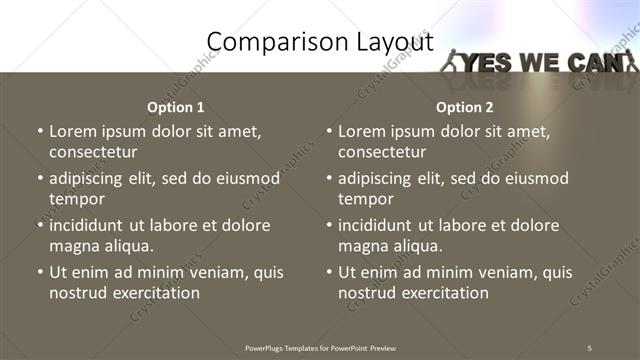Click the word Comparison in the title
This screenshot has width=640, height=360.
[x=268, y=42]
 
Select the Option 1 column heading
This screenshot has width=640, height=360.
[x=175, y=107]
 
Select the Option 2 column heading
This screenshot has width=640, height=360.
[x=464, y=107]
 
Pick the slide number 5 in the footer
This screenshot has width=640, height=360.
[x=590, y=347]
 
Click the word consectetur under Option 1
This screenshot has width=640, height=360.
[x=93, y=152]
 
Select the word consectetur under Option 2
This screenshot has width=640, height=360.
[x=382, y=152]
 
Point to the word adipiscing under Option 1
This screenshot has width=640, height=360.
[x=89, y=178]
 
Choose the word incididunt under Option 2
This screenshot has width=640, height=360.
[x=379, y=225]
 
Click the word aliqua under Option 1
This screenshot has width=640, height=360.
[x=127, y=246]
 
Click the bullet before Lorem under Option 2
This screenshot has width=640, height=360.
[x=329, y=132]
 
